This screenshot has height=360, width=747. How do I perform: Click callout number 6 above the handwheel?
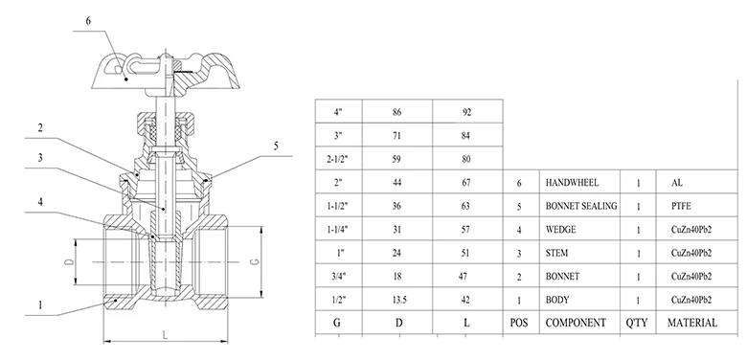(88, 21)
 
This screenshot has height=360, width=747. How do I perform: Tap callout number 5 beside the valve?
(276, 146)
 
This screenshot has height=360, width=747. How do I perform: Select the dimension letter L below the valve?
(165, 335)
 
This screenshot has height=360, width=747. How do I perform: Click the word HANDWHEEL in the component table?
(572, 182)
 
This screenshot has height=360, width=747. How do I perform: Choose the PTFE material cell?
(681, 206)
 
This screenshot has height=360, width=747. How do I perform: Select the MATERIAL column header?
(691, 323)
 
